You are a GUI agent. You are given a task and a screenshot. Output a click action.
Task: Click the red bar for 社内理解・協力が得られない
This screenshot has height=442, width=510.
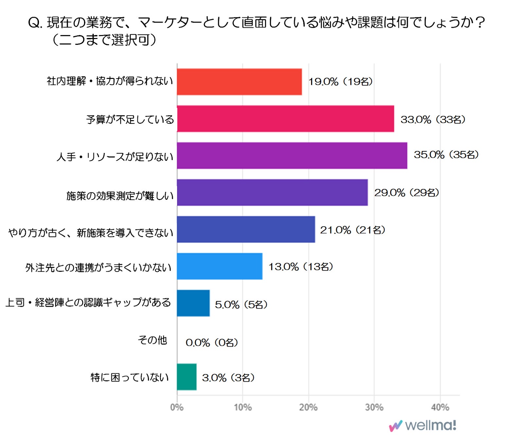coord(239,82)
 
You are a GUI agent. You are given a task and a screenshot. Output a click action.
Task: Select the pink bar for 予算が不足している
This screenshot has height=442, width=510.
coord(285,119)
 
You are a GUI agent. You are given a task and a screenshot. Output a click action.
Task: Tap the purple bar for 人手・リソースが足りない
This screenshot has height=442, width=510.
coord(292,156)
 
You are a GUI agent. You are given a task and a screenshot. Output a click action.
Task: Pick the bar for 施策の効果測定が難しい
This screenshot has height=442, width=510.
coord(272,193)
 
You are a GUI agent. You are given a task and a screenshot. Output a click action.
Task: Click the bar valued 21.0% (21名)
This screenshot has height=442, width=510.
coord(246,229)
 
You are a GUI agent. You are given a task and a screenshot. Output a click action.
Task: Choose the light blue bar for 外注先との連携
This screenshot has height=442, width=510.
coord(220,266)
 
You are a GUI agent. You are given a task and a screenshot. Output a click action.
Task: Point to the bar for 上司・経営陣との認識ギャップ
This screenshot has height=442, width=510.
coord(193,303)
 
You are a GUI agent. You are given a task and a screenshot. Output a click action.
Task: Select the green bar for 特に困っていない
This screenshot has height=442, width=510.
coord(186,377)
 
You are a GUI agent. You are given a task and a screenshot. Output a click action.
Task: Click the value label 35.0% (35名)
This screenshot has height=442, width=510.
coord(446,155)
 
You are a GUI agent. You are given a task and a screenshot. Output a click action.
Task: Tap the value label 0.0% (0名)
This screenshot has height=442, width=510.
coord(212,342)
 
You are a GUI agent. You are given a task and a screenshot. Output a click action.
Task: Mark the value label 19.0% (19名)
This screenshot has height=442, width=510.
coord(340,82)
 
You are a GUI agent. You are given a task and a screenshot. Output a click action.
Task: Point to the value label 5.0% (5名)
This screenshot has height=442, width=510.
coord(241,304)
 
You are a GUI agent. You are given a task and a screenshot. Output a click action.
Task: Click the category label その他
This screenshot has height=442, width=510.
coord(152,340)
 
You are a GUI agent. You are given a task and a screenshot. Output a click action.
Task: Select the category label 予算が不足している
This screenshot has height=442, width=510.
coord(130,120)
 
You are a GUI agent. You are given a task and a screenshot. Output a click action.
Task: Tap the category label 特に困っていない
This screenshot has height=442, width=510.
coord(130,378)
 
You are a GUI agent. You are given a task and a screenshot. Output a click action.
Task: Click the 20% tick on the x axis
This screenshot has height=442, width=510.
coord(308,407)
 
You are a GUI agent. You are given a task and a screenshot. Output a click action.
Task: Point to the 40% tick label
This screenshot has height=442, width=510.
coord(440,407)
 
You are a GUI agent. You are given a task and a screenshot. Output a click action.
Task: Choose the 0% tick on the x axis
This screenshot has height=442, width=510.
coord(177,407)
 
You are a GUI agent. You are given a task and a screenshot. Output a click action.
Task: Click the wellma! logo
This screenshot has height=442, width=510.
coord(423,426)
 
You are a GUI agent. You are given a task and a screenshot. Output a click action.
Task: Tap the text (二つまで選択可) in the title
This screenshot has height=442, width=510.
coord(104,40)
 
